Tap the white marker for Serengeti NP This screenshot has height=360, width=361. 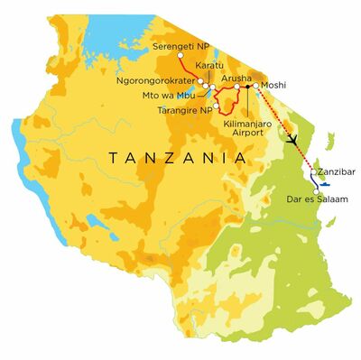tap(180, 56)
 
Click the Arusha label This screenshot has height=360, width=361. tap(236, 79)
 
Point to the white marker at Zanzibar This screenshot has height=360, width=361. tap(313, 171)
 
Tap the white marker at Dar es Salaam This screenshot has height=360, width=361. tap(315, 189)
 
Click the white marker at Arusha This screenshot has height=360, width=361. tap(237, 88)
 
